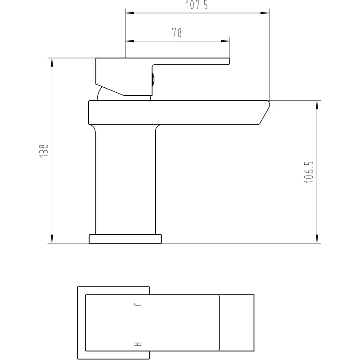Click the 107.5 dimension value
point(197,4)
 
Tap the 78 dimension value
point(177,33)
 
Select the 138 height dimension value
point(44,151)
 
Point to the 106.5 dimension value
point(309,172)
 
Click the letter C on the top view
point(138,305)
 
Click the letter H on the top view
point(138,344)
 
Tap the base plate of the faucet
point(125,239)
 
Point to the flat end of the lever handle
point(229,61)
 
